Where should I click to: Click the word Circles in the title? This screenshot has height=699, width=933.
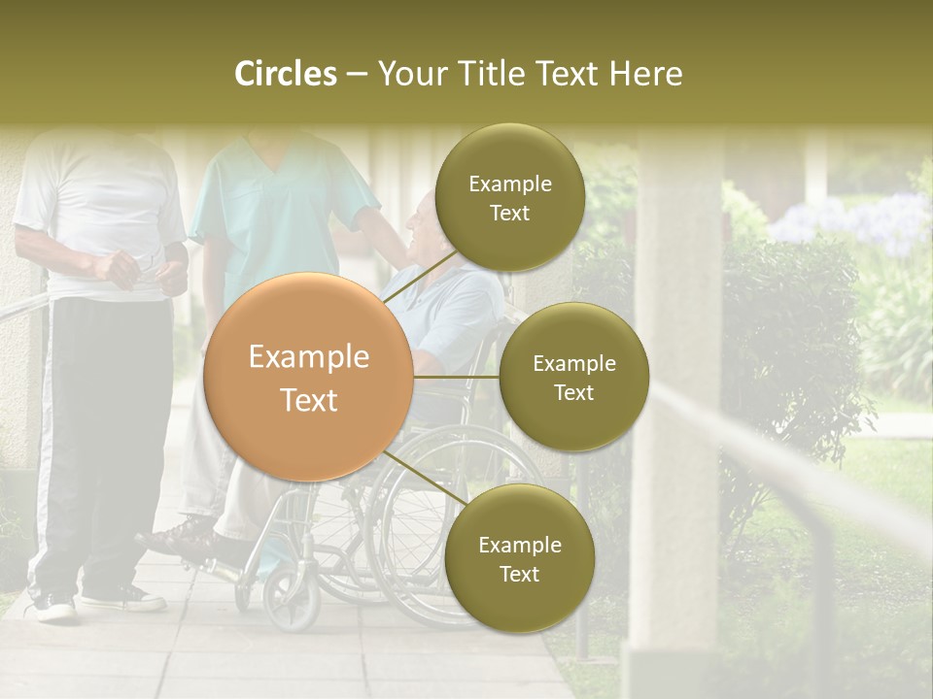[x=286, y=74]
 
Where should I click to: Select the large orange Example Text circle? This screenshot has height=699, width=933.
[x=309, y=377]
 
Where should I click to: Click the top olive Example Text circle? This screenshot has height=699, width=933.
[x=509, y=198]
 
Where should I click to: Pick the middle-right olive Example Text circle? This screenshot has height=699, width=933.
[x=573, y=377]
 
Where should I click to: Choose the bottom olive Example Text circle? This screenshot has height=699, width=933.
[x=519, y=558]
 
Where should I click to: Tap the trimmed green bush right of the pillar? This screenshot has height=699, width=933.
[x=787, y=340]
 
